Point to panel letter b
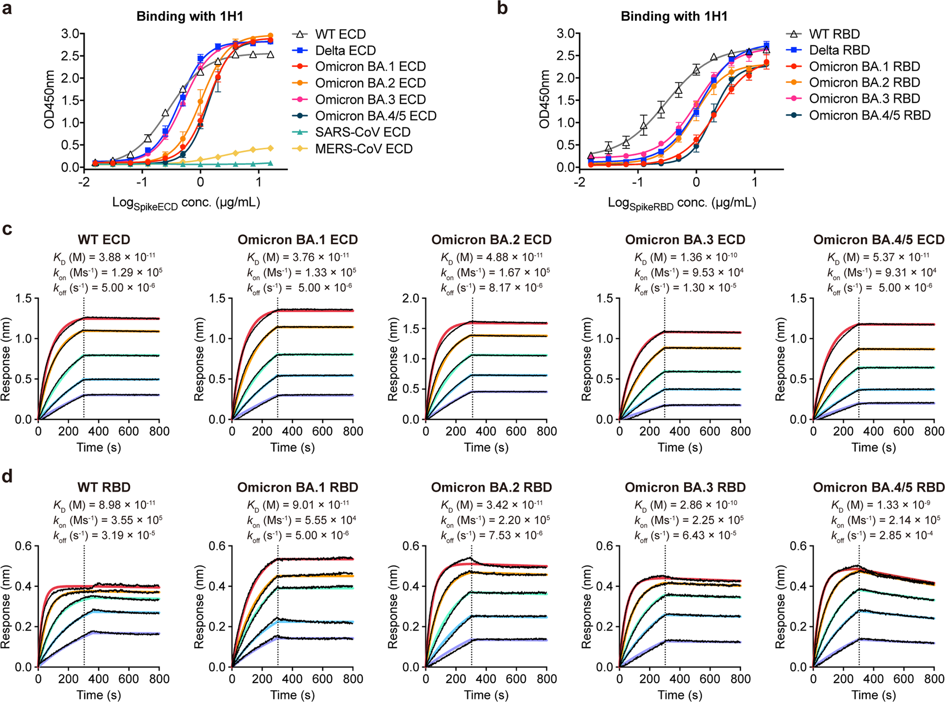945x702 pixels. click(502, 8)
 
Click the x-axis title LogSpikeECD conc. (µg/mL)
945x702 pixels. click(186, 203)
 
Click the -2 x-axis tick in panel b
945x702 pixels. click(579, 182)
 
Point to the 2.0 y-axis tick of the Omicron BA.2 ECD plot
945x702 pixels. click(411, 299)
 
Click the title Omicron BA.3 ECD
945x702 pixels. click(685, 240)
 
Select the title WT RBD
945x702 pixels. click(104, 488)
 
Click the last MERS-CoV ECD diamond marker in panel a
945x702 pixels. click(271, 148)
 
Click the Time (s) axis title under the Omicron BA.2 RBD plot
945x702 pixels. click(486, 695)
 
